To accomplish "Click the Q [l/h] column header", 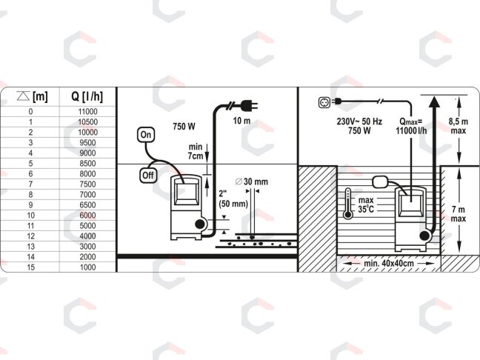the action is click(87, 97).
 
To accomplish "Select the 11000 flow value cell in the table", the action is click(88, 111).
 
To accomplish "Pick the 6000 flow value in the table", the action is click(88, 216).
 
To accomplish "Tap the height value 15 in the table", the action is click(30, 267).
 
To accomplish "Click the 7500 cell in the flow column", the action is click(88, 184).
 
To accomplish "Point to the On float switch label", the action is click(146, 135).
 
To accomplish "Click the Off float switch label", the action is click(148, 176).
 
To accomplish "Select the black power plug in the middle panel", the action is click(249, 106).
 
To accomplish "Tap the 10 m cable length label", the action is click(241, 121).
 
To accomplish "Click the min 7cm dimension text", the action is click(196, 151).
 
